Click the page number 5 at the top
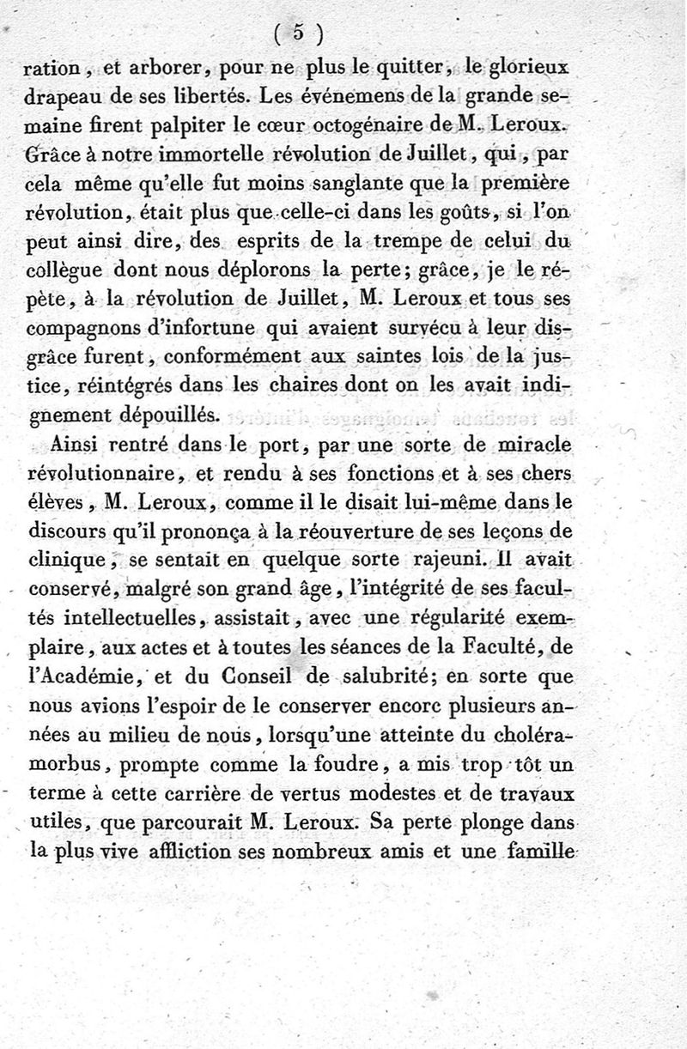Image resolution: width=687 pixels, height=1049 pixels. pos(298,32)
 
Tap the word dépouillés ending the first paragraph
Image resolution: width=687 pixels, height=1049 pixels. pos(171,415)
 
